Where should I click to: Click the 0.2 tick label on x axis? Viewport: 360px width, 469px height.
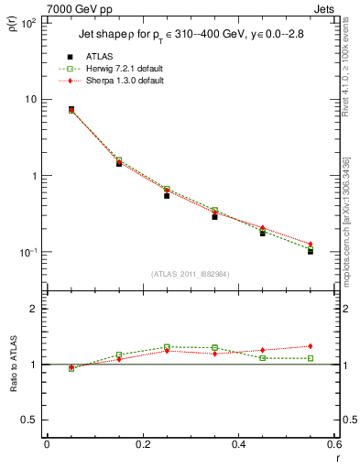[x=142, y=444]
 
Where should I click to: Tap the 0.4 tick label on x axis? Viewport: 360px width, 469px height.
[x=238, y=444]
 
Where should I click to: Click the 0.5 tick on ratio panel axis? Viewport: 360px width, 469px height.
[x=29, y=420]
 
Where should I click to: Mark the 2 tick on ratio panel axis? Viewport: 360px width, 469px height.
[x=34, y=309]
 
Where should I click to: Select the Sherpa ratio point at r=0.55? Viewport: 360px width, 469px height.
[x=311, y=346]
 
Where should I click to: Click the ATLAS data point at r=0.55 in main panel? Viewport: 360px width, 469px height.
[x=311, y=250]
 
